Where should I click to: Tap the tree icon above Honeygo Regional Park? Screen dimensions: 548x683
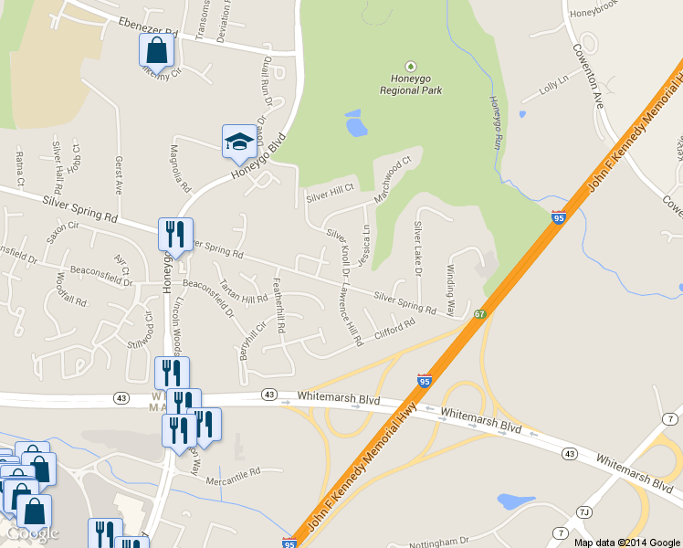coord(410,67)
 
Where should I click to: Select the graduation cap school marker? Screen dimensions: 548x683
coord(238,142)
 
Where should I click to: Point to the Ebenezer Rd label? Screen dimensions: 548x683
coord(148,26)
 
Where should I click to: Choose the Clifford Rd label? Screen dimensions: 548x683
coord(394,326)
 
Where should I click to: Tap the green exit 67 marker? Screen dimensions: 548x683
coord(479,314)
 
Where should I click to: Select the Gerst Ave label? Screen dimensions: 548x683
coord(119,174)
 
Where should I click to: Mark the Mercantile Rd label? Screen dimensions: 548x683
coord(233,474)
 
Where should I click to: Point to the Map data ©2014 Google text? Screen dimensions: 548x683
coord(626,542)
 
